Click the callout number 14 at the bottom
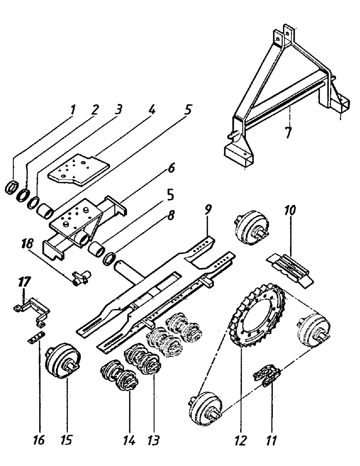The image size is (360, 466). (x=126, y=439)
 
